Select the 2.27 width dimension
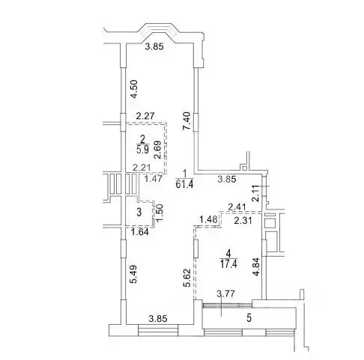(x=145, y=115)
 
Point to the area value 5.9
(x=142, y=147)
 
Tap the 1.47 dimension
(x=154, y=180)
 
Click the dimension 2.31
(x=240, y=221)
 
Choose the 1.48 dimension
(x=208, y=219)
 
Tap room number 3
(x=138, y=213)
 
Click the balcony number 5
(x=250, y=317)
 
